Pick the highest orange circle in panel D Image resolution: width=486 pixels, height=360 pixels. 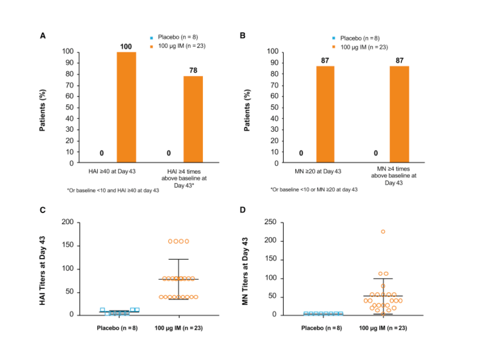pos(383,231)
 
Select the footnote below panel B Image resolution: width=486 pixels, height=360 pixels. pos(314,190)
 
